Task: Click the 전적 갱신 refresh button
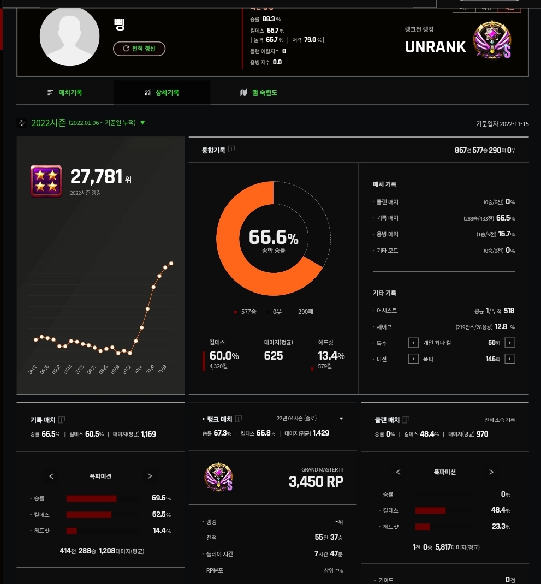click(x=139, y=49)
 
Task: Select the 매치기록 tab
click(x=65, y=93)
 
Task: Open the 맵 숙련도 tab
click(x=259, y=93)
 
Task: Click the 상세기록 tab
click(x=162, y=93)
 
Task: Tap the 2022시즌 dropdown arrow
click(x=142, y=122)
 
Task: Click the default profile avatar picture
click(x=69, y=37)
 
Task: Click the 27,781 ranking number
click(x=97, y=177)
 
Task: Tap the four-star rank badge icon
click(x=46, y=181)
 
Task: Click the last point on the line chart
click(x=171, y=263)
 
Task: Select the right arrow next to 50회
click(x=510, y=343)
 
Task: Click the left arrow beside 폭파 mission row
click(x=414, y=359)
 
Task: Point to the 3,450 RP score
click(x=316, y=482)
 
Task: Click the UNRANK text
click(x=435, y=47)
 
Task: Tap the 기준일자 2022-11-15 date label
click(x=502, y=124)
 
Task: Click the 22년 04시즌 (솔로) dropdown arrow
click(x=341, y=419)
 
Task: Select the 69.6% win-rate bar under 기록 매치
click(x=91, y=498)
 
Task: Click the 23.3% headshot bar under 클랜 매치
click(x=423, y=527)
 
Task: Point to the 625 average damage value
click(x=274, y=356)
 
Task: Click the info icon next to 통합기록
click(x=231, y=149)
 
